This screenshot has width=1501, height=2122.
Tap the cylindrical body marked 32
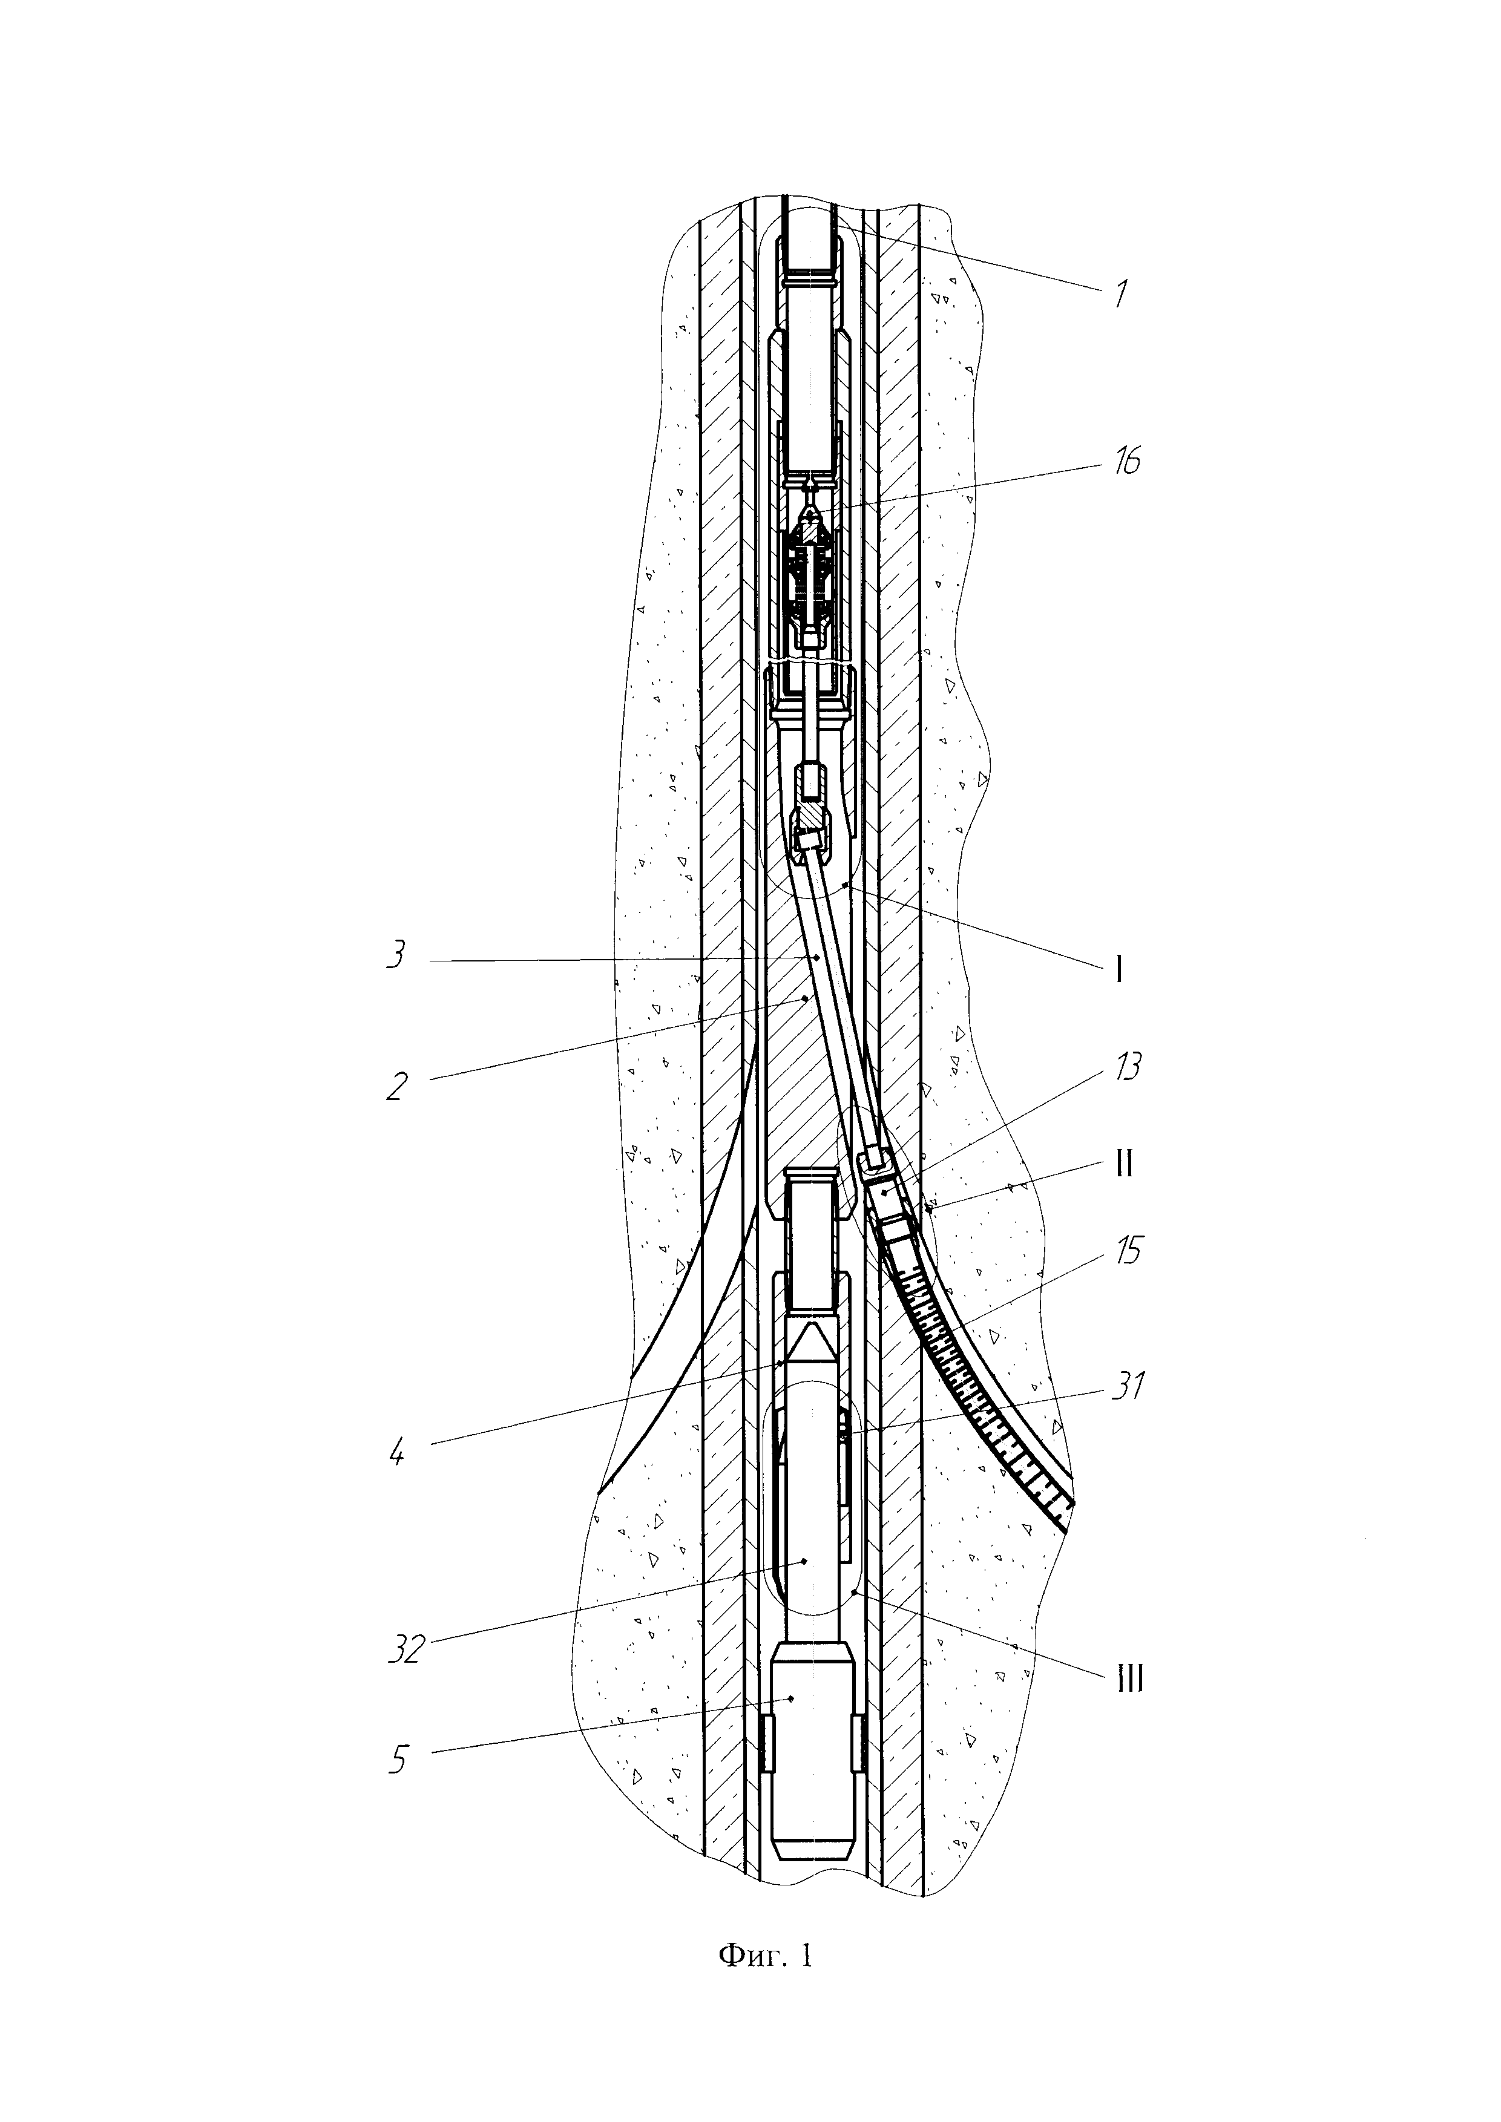tap(812, 1516)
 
